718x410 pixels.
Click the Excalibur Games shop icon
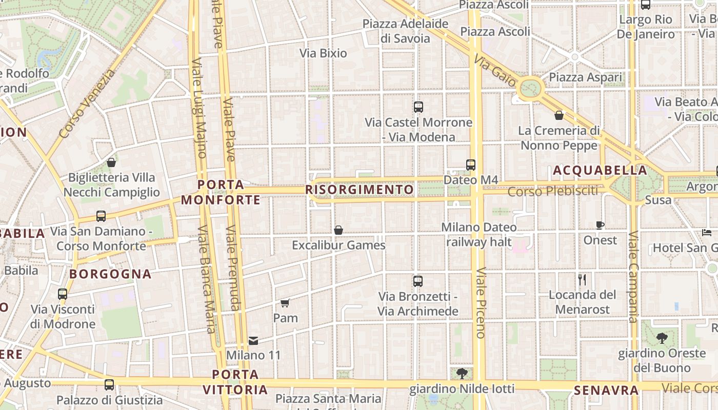click(x=338, y=231)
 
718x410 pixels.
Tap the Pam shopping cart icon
click(x=285, y=303)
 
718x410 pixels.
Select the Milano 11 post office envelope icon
click(x=253, y=340)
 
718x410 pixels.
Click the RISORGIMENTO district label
click(x=360, y=190)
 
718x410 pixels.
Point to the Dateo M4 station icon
click(x=471, y=165)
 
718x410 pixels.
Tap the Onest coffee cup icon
click(x=600, y=225)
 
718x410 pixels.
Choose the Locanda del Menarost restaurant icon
click(x=582, y=280)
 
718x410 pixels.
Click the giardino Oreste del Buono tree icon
click(x=662, y=338)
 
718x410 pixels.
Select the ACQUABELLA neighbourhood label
click(x=600, y=170)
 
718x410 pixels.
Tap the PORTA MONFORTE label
click(x=221, y=192)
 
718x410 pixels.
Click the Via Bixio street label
click(x=323, y=53)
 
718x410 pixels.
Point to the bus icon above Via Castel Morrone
click(x=418, y=107)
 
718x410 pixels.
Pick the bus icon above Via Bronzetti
click(x=418, y=281)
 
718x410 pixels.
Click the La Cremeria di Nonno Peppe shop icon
click(x=559, y=116)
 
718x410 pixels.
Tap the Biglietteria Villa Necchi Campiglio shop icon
click(x=111, y=163)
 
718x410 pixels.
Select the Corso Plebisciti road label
click(x=553, y=191)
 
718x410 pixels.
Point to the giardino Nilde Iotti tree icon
click(x=462, y=373)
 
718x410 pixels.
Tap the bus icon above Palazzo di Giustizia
click(x=109, y=385)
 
